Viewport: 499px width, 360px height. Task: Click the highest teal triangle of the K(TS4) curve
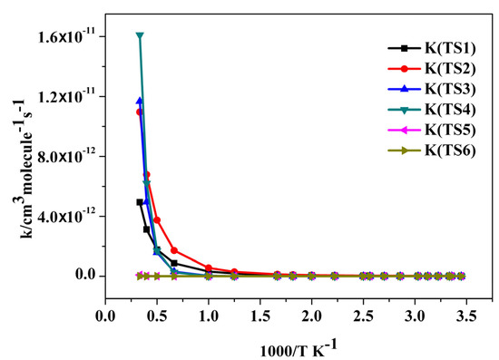[x=140, y=36]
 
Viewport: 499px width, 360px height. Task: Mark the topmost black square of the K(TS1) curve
[x=140, y=202]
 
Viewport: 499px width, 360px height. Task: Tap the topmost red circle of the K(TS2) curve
[x=139, y=112]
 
